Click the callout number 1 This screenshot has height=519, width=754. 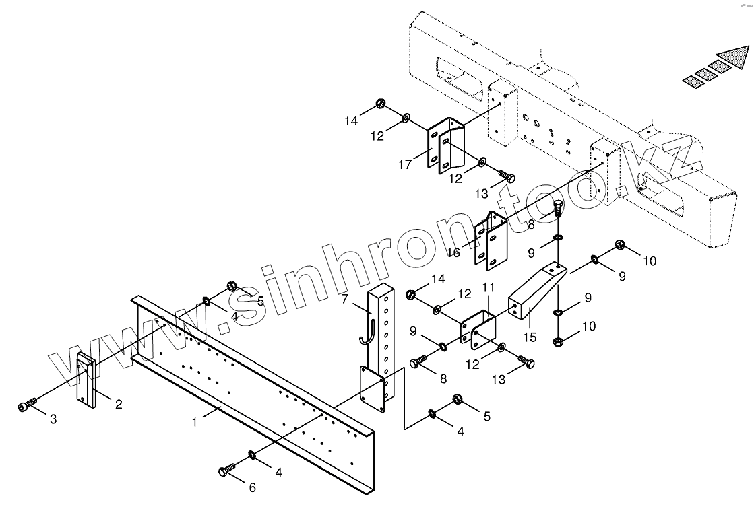click(x=194, y=422)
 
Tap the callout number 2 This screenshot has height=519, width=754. click(x=118, y=405)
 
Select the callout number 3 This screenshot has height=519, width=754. click(x=53, y=419)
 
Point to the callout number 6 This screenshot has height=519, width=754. click(x=253, y=487)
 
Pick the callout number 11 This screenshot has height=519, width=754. click(x=489, y=287)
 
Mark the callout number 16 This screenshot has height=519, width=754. click(x=453, y=252)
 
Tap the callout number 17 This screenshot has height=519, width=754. click(x=404, y=164)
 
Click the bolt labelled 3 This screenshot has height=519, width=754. click(x=26, y=405)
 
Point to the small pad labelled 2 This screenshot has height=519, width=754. click(x=86, y=380)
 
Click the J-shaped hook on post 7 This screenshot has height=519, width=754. click(x=367, y=330)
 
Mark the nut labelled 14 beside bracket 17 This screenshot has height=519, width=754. click(x=379, y=104)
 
